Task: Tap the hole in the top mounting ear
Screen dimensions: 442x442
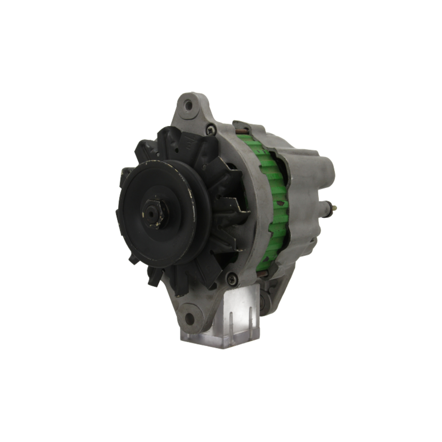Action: coord(188,105)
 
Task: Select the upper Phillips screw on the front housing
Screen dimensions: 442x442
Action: coord(210,130)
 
